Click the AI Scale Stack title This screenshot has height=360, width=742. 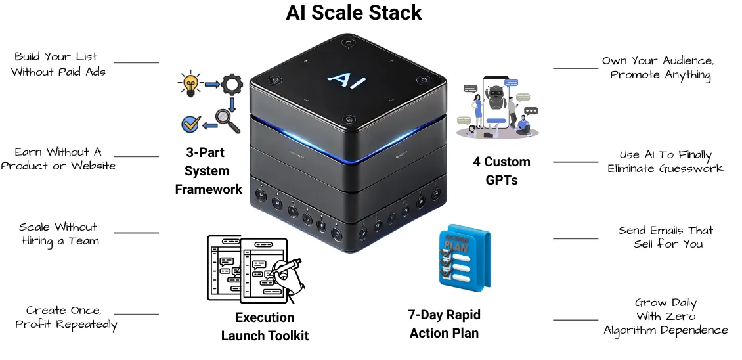coord(354,12)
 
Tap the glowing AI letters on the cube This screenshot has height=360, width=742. coord(342,79)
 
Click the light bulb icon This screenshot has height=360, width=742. coord(190,84)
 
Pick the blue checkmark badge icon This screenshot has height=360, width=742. coord(190,123)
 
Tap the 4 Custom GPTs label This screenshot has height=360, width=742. coord(502,171)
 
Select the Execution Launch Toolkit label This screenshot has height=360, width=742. coord(265,326)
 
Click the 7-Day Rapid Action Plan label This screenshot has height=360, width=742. coord(445,324)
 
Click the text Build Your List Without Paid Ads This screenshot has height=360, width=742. coord(58,64)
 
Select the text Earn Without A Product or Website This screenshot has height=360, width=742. coord(58,159)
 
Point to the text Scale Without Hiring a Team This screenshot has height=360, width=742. coord(58,234)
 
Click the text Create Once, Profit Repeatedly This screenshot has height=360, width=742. coord(66,317)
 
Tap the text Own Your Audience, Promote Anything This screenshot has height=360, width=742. coord(659,68)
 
